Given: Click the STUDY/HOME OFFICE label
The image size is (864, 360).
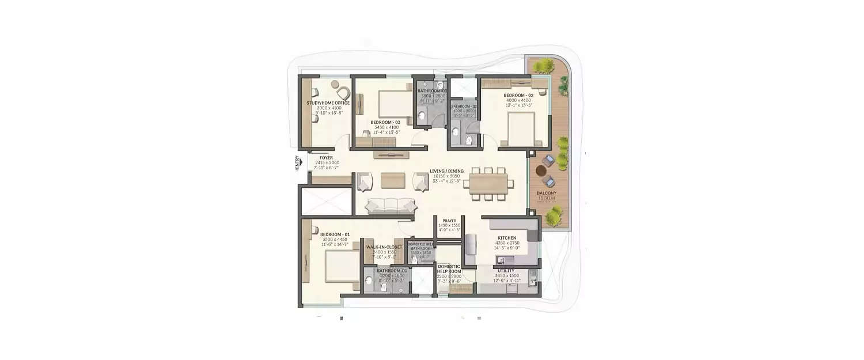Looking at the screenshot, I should coord(328,103).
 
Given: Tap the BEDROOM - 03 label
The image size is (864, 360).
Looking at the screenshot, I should coord(385,123).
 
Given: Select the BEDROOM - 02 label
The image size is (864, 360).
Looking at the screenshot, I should coord(518,95).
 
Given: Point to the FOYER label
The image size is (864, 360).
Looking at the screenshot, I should coord(327,157).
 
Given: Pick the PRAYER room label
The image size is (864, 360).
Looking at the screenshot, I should coord(449,221).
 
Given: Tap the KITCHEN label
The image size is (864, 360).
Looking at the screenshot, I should coord(507,238).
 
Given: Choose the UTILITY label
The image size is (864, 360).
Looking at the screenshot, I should coord(506,271).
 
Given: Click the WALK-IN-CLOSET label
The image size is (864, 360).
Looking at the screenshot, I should coord(384,247).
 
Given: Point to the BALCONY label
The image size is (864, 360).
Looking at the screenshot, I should coord(547,194).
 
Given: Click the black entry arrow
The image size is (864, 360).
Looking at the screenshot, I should coord(301,163).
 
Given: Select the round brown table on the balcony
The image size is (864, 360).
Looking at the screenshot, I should coord(541,171).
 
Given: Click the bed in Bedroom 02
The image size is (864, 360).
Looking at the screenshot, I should coord(522,129).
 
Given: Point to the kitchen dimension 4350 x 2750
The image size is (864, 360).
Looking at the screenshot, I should coord(507,244).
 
